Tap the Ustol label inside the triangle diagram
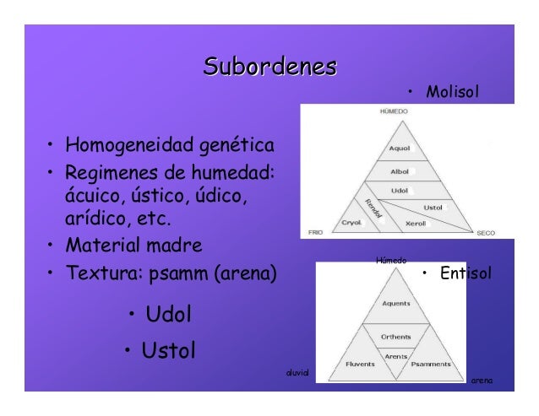(433, 207)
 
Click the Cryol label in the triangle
(351, 224)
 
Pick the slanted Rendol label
(373, 208)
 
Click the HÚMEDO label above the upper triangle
(389, 111)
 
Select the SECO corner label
(486, 232)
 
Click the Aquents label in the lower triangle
(396, 304)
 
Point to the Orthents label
(395, 336)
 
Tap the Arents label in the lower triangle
(395, 355)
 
